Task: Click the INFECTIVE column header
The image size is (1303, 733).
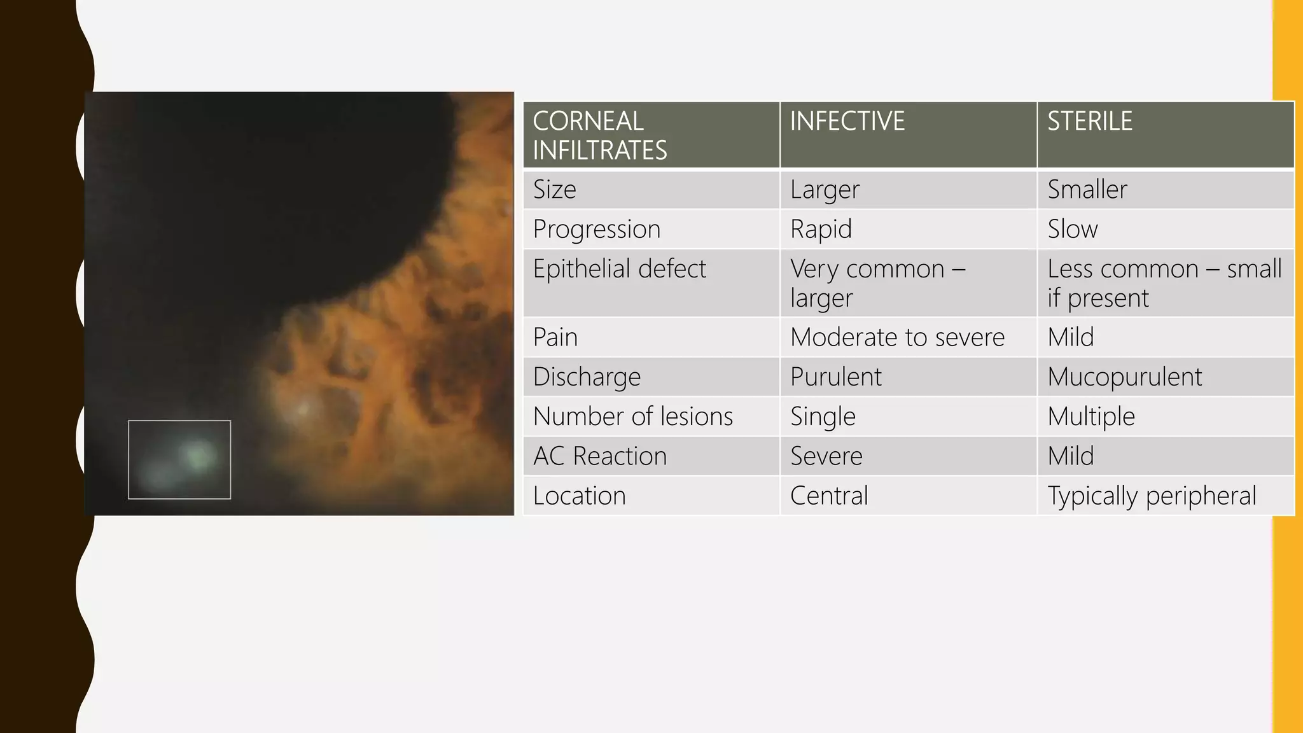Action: click(847, 122)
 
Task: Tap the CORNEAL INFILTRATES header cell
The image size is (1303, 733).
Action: click(599, 136)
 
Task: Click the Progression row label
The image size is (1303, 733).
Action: click(596, 229)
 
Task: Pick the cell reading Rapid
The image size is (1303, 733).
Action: click(821, 229)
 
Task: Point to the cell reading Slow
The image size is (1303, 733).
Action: click(1073, 229)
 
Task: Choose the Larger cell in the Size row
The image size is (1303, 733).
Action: click(825, 190)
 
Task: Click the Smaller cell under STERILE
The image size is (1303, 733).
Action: click(1087, 190)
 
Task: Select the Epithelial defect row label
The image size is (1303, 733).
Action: click(619, 269)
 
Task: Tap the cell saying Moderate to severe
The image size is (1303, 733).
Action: click(897, 337)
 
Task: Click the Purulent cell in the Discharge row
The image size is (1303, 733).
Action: click(835, 377)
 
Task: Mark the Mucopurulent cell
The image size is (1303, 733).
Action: click(1124, 377)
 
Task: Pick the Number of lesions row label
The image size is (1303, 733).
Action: click(633, 417)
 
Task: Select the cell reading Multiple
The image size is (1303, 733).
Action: click(1091, 417)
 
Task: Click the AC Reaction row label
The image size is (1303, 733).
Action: click(600, 456)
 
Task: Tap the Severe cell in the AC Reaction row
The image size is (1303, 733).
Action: click(826, 456)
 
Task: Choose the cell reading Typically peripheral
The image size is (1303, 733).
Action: click(1152, 496)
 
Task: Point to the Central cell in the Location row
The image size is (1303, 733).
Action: click(829, 496)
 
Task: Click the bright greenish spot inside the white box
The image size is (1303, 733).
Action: click(197, 454)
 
